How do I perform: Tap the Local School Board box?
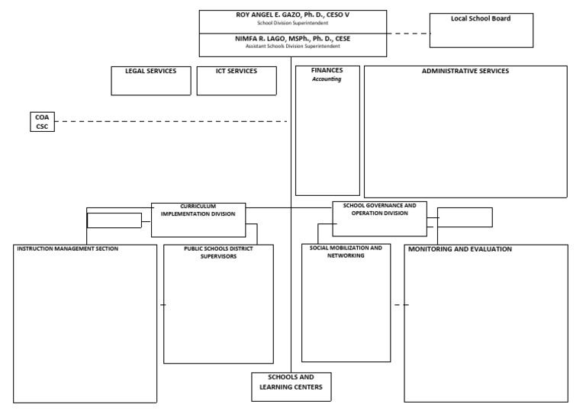[481, 30]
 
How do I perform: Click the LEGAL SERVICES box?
[150, 80]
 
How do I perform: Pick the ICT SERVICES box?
[237, 80]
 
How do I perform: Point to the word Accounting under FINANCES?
[327, 79]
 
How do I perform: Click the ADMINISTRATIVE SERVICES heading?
[465, 71]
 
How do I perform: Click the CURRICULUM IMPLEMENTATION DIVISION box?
[198, 220]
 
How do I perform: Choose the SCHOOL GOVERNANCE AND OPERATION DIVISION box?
[379, 219]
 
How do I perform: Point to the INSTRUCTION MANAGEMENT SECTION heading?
[68, 249]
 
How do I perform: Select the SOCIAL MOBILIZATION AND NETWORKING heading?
[346, 252]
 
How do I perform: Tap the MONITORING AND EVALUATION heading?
[460, 249]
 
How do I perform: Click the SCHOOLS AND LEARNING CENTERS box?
[291, 387]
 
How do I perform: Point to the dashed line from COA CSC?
[168, 121]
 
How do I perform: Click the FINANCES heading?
[327, 70]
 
